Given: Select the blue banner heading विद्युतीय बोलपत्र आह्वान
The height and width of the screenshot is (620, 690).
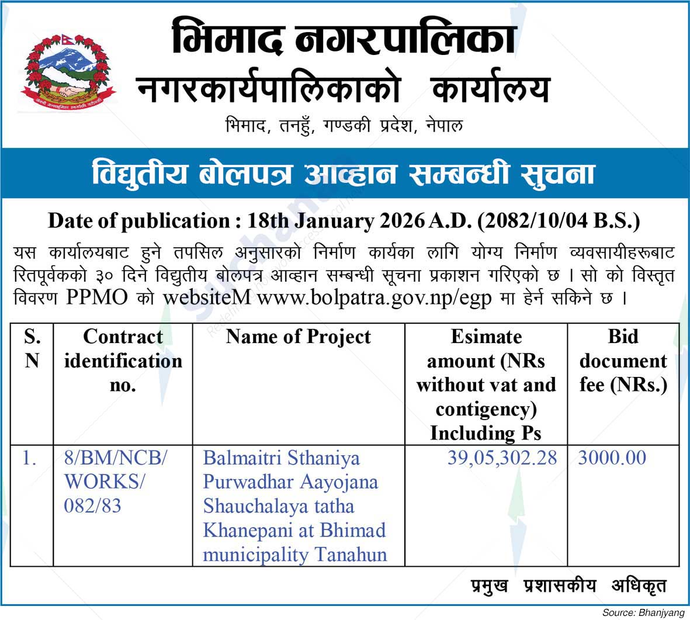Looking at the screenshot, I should [343, 174].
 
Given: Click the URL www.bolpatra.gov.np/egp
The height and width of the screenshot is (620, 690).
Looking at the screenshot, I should [377, 297].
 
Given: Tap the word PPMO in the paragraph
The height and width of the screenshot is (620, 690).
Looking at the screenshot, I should [96, 297].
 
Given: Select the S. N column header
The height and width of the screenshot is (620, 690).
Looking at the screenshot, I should [32, 348].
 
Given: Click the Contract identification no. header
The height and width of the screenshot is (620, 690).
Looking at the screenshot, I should [123, 361].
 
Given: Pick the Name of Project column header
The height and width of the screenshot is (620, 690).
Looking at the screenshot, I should [298, 337].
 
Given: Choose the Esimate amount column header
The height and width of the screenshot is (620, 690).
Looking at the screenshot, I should [486, 384].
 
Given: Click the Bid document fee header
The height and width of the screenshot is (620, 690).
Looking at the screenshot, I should [623, 361].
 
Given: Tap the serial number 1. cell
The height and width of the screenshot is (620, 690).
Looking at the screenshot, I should [29, 458].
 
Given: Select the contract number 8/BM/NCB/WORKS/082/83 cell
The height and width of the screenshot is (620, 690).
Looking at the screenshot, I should [115, 482].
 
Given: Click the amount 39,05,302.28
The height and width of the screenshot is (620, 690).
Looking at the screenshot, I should [502, 458].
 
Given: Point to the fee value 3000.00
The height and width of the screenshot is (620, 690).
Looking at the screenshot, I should [612, 458].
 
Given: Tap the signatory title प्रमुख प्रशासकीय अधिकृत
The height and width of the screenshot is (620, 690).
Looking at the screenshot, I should [568, 586].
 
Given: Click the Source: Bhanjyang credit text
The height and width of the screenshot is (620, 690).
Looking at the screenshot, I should [643, 612].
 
